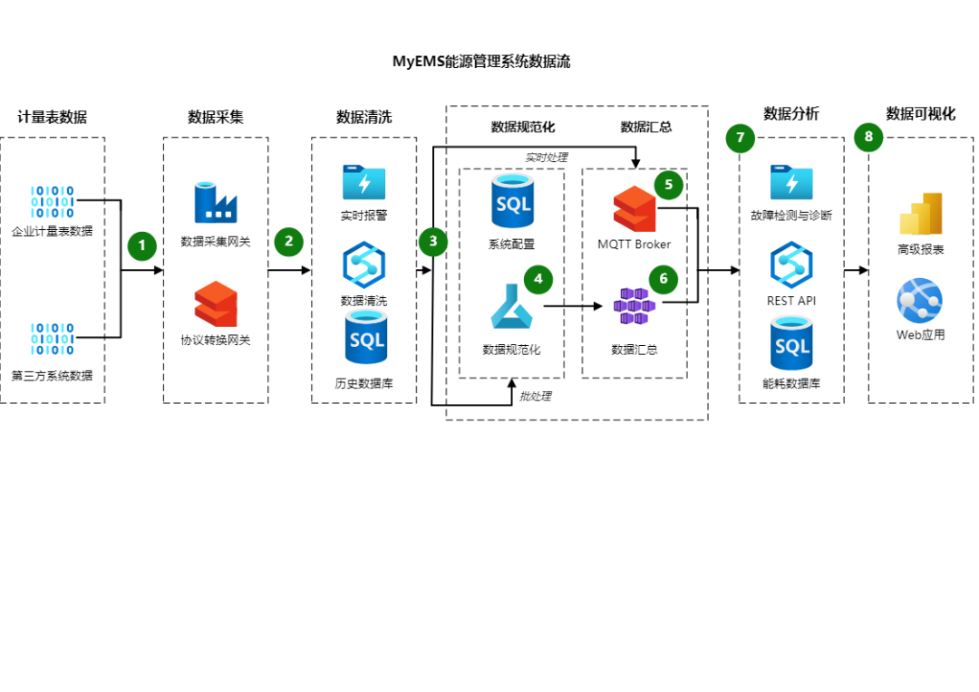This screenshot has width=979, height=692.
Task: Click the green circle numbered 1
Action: click(x=142, y=245)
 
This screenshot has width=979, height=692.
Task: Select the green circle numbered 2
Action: click(x=288, y=242)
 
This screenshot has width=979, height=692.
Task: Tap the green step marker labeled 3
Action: click(x=433, y=242)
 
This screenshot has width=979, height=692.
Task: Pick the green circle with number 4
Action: click(x=538, y=280)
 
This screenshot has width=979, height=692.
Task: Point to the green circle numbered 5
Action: click(x=669, y=185)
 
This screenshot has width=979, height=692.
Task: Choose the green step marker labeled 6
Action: click(x=664, y=280)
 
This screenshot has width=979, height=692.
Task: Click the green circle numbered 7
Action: click(x=741, y=139)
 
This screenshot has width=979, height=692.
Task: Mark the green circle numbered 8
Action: click(x=868, y=138)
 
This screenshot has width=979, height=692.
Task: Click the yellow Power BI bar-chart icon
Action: click(x=921, y=214)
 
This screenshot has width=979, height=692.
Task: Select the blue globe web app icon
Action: click(x=919, y=300)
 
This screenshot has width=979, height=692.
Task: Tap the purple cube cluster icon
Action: click(x=635, y=306)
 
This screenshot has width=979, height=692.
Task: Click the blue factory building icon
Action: click(x=215, y=202)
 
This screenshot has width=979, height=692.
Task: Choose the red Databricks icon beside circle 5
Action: click(x=635, y=208)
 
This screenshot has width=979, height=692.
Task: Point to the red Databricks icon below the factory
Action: click(x=216, y=303)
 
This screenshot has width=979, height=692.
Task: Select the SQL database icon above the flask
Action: click(x=513, y=200)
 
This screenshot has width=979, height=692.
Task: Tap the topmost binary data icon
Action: click(x=53, y=202)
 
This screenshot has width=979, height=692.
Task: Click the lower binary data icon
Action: click(x=53, y=339)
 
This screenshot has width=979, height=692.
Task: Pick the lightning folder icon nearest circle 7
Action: click(x=792, y=182)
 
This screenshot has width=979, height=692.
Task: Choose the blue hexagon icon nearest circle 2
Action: click(x=364, y=264)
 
